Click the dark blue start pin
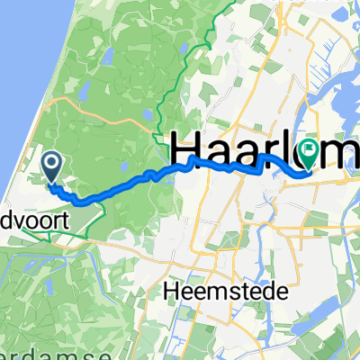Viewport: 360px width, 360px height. click(51, 164)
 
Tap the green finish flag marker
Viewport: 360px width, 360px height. click(308, 154)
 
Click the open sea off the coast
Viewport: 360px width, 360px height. click(13, 72)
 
